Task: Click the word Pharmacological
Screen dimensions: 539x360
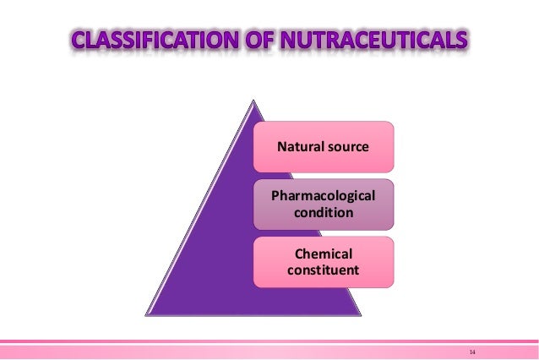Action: (x=324, y=196)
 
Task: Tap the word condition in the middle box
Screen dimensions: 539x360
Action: (x=324, y=213)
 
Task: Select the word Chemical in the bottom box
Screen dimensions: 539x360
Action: (x=324, y=254)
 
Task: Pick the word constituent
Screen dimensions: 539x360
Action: (x=324, y=270)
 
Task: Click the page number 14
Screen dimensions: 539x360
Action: (x=472, y=349)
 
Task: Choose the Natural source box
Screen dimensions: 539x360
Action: (x=324, y=147)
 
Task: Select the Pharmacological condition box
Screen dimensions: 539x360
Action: (x=324, y=205)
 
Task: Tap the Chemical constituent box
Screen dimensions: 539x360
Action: (x=324, y=262)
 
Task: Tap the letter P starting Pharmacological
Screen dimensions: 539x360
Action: (x=275, y=196)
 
